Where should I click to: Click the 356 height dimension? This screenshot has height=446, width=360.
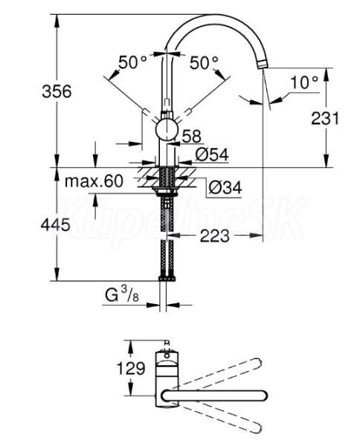click(x=57, y=92)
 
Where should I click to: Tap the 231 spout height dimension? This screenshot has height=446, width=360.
click(x=325, y=118)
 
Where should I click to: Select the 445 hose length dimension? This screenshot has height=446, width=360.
click(x=55, y=225)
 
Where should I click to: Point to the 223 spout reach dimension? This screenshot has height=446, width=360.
click(x=214, y=236)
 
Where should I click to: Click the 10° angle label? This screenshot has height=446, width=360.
click(x=304, y=83)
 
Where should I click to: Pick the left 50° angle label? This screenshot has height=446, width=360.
click(x=132, y=62)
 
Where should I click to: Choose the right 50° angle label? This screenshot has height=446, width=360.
click(x=204, y=62)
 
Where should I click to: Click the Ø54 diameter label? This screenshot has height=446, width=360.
click(x=212, y=155)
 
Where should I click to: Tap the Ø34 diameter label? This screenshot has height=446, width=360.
click(x=225, y=187)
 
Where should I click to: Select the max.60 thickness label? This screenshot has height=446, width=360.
click(x=94, y=181)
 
